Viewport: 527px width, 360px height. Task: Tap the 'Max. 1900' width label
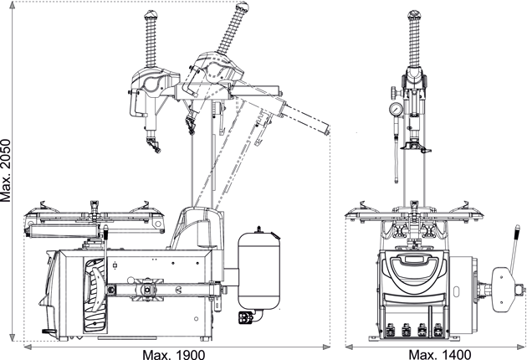(x=175, y=353)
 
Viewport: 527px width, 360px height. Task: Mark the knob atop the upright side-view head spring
(x=151, y=15)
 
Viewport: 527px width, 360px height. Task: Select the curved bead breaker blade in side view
(x=94, y=281)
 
